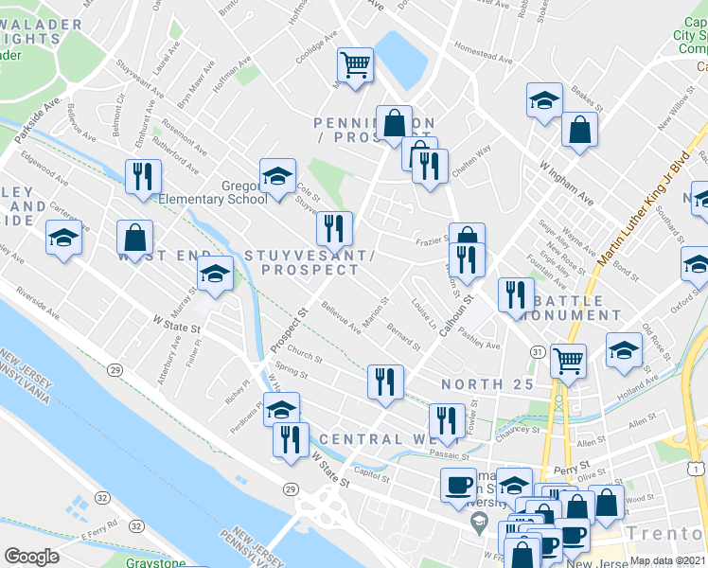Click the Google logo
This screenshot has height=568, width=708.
tap(32, 557)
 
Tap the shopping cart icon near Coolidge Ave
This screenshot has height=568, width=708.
tap(355, 66)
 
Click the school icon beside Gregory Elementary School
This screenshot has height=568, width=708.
tap(276, 177)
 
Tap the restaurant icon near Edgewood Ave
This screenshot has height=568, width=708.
tap(143, 176)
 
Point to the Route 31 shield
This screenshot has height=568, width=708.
tap(538, 352)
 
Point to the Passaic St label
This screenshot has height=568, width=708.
tap(449, 453)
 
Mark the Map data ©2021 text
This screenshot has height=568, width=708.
tap(667, 560)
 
